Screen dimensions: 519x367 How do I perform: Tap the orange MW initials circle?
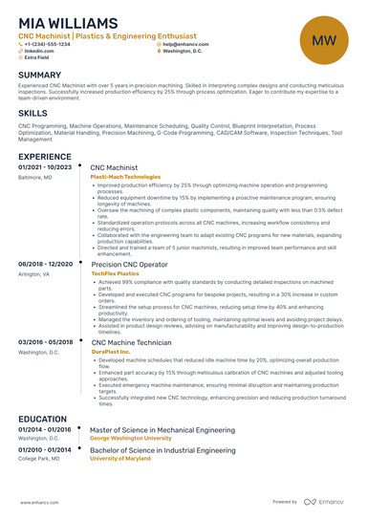(323, 40)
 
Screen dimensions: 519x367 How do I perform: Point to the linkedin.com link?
(39, 51)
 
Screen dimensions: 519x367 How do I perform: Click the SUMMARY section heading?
(39, 76)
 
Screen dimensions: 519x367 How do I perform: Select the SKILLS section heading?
(32, 113)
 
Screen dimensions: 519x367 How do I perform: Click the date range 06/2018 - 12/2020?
(44, 263)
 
